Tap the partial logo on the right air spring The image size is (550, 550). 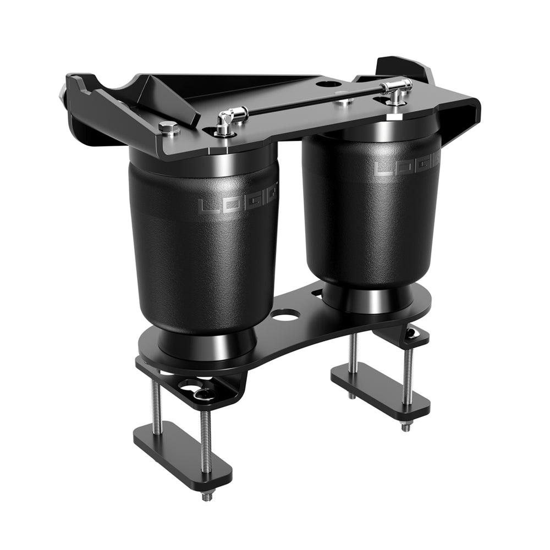pos(407,166)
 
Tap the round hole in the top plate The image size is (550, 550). pos(329,85)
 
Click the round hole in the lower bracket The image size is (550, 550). pos(285,315)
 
